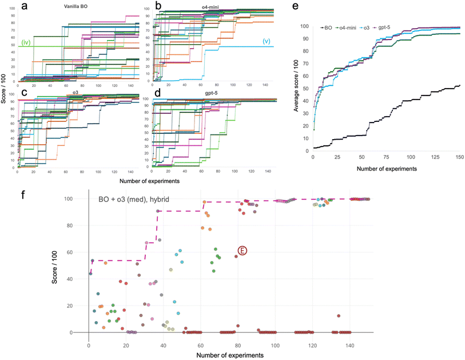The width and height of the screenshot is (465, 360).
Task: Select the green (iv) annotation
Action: pyautogui.click(x=26, y=42)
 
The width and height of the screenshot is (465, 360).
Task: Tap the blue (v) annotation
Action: pyautogui.click(x=267, y=41)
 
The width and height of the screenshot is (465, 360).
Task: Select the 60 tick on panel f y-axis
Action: pyautogui.click(x=74, y=252)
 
